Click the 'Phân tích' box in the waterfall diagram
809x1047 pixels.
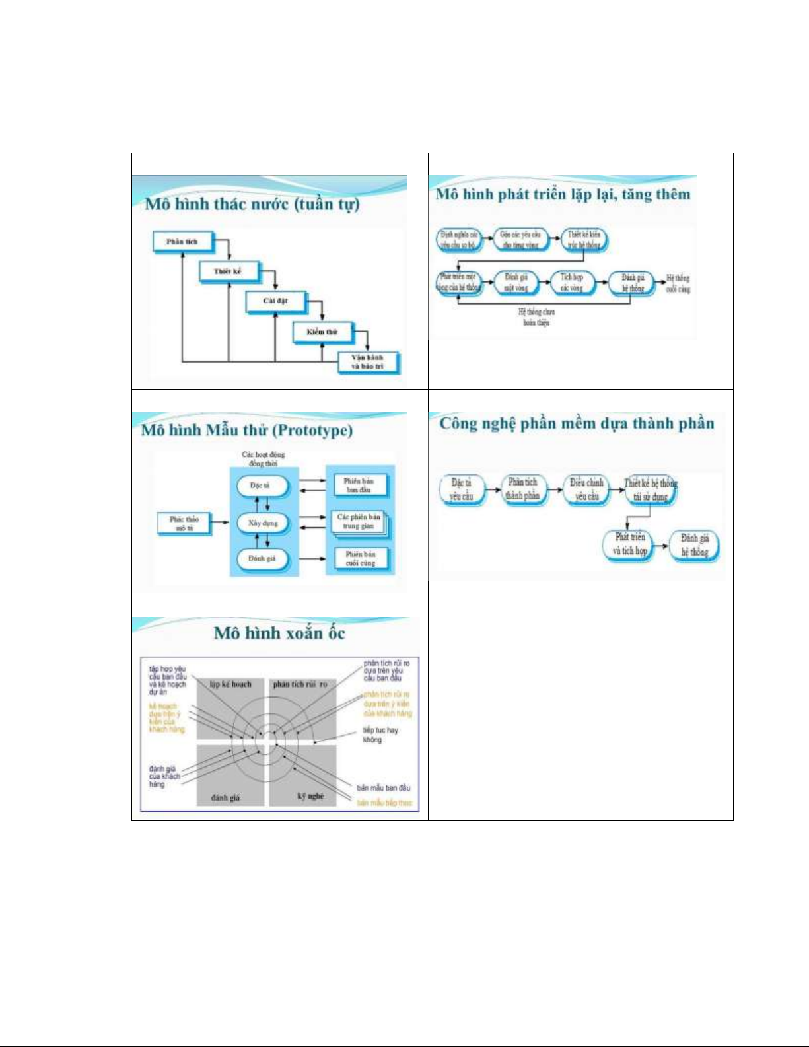183,242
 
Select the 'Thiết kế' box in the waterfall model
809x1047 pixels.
229,271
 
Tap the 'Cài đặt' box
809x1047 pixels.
275,301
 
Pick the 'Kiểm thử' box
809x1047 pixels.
322,332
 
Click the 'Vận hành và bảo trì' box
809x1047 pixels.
367,362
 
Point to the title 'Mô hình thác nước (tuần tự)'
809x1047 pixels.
252,203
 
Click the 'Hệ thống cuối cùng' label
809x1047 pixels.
678,283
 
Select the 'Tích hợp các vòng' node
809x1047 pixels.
572,283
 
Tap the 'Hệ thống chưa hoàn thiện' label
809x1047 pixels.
536,316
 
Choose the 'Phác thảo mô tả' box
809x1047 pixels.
184,523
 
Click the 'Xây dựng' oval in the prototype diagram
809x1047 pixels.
263,523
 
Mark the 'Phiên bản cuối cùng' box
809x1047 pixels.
360,559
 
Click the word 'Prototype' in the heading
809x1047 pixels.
313,431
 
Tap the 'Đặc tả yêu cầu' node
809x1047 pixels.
462,489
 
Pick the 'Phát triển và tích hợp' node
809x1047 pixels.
629,544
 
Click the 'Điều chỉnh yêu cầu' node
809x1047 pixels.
586,489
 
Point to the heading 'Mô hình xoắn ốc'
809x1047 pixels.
279,633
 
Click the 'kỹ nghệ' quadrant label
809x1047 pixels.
310,796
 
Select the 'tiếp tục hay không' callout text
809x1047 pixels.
380,735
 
